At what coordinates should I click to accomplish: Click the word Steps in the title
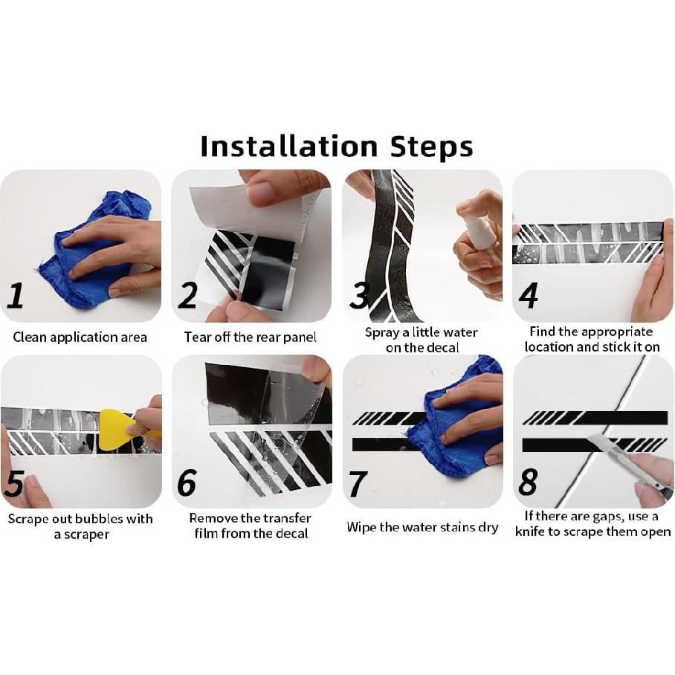pyautogui.click(x=432, y=147)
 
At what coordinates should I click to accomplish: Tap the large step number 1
pyautogui.click(x=16, y=295)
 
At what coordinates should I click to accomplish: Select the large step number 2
pyautogui.click(x=187, y=295)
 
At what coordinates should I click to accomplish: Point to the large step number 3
pyautogui.click(x=359, y=295)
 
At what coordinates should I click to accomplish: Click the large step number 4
pyautogui.click(x=528, y=295)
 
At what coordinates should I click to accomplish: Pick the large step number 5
pyautogui.click(x=16, y=483)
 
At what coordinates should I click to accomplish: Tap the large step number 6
pyautogui.click(x=187, y=483)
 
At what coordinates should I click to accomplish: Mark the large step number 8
pyautogui.click(x=528, y=483)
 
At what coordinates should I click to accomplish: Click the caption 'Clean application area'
pyautogui.click(x=80, y=337)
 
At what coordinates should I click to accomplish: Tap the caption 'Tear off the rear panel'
pyautogui.click(x=251, y=337)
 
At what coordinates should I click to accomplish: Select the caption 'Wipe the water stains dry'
pyautogui.click(x=422, y=528)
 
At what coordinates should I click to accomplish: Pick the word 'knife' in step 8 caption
pyautogui.click(x=537, y=532)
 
